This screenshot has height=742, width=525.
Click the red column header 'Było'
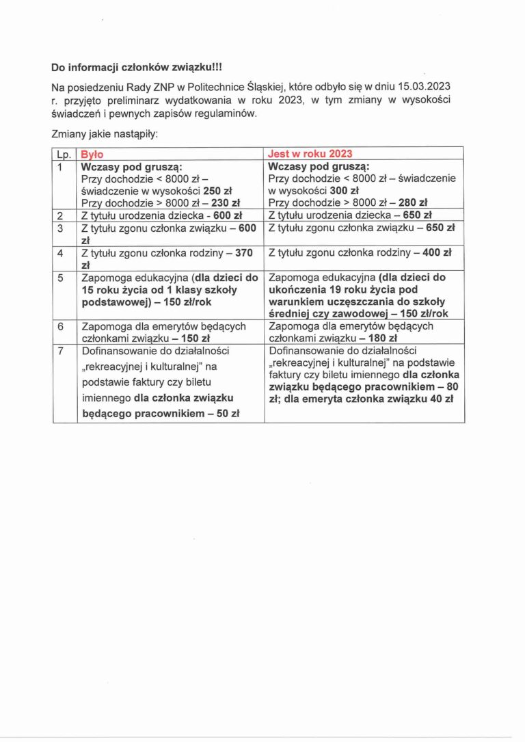(92, 154)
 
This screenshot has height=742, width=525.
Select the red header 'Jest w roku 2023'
(311, 154)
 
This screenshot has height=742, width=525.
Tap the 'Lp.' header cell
(65, 154)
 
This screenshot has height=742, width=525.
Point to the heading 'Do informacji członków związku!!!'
(137, 67)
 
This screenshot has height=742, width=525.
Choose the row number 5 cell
(60, 278)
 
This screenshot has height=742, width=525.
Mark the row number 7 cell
(60, 351)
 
